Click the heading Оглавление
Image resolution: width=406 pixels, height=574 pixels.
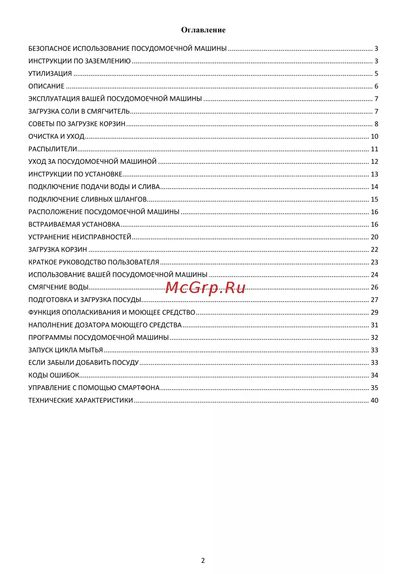coord(203,30)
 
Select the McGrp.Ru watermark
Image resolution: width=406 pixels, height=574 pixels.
coord(205,288)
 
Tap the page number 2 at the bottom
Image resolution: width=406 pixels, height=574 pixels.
coord(203,561)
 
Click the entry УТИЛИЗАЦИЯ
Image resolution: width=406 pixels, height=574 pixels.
coord(50,74)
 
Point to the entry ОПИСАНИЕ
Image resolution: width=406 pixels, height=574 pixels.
coord(46,86)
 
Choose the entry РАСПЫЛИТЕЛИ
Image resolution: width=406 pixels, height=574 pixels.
coord(53,149)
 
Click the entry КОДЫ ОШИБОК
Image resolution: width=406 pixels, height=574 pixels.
coord(54,375)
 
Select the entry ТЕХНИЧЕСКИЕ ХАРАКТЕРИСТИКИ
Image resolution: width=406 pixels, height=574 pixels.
coord(80,401)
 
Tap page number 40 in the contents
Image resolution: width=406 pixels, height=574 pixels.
coord(374,401)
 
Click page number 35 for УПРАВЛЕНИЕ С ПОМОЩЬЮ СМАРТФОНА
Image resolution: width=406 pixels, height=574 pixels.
coord(374,388)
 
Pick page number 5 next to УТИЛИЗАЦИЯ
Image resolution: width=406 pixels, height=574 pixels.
coord(376,74)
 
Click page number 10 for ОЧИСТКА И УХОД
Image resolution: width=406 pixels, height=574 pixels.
coord(374,137)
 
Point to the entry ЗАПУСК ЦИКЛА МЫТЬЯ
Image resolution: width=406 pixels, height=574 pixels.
coord(65,350)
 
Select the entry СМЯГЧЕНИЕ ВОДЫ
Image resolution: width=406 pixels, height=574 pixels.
coord(58,287)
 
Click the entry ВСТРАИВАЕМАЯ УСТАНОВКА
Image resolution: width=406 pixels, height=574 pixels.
coord(74,224)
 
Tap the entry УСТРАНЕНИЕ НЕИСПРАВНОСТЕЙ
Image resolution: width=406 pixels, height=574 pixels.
coord(80,237)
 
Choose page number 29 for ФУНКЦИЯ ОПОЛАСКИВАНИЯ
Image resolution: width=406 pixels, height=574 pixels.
coord(374,313)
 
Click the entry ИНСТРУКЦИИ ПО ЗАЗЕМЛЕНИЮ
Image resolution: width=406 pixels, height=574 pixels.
coord(79,61)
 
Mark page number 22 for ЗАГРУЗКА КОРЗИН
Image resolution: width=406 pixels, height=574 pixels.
coord(374,250)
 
